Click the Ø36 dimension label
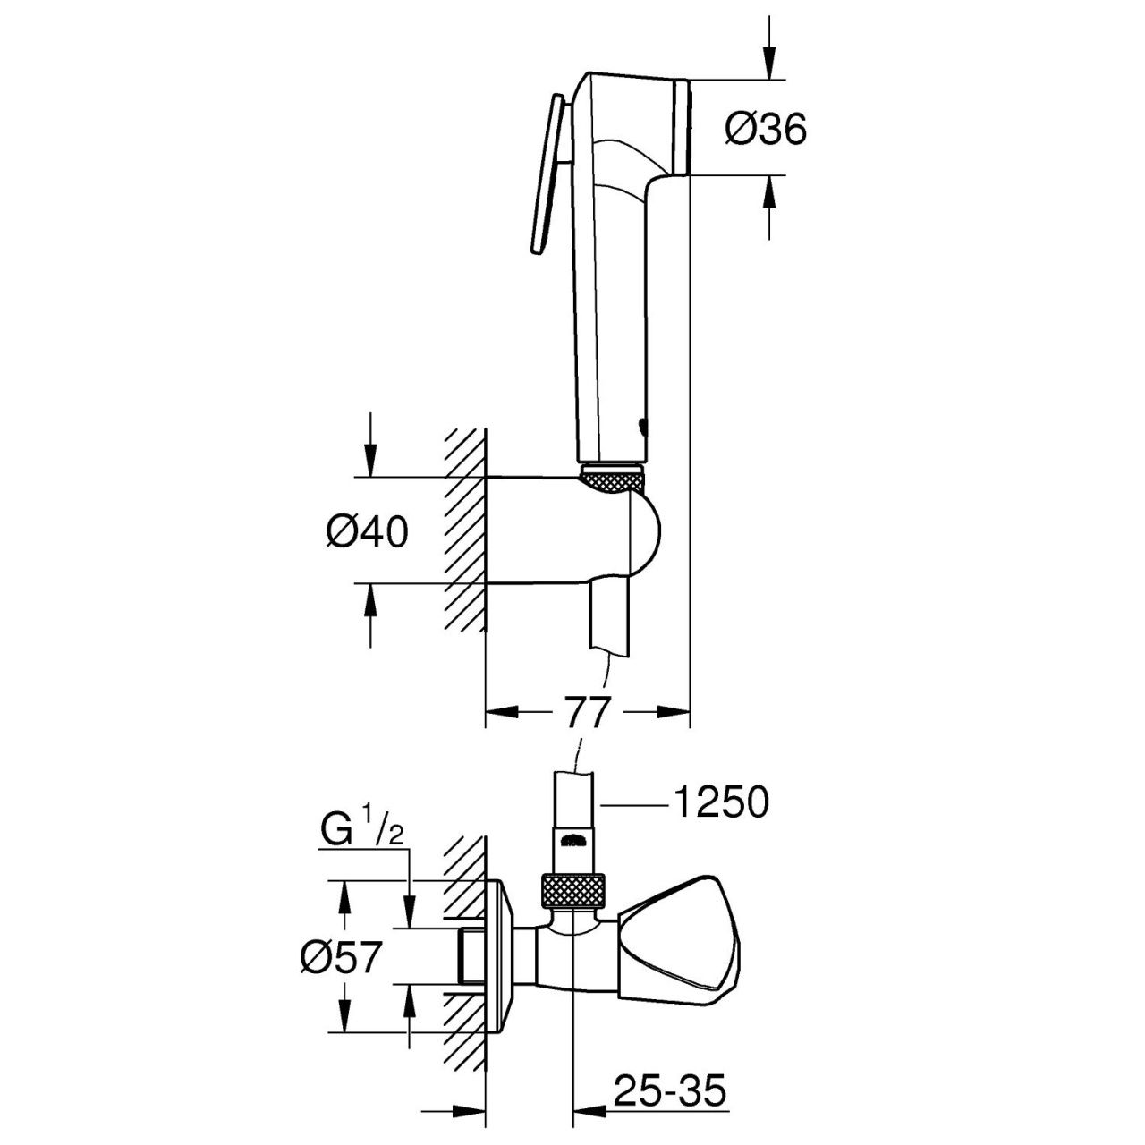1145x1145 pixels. point(766,131)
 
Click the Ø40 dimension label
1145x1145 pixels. point(367,531)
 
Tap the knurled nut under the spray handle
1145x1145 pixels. point(612,479)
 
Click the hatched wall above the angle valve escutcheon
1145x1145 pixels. point(465,859)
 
